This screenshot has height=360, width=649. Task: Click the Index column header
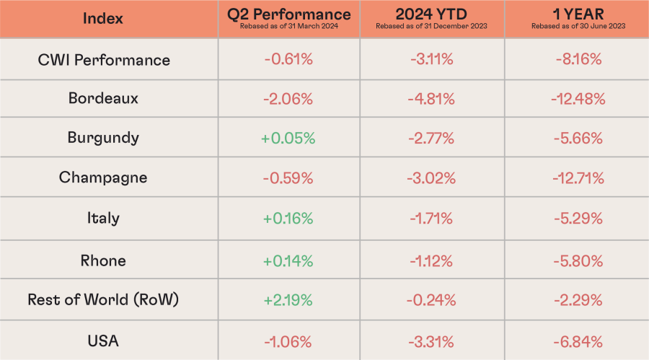click(103, 18)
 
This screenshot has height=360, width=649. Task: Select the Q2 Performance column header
click(288, 14)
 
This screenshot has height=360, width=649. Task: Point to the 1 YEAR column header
click(578, 14)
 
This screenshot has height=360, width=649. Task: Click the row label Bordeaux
click(103, 98)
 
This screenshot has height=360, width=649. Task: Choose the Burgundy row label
click(103, 138)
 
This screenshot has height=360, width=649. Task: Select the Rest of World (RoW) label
click(103, 299)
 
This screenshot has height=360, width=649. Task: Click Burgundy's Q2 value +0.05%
click(288, 138)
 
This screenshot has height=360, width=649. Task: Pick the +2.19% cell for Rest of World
click(288, 299)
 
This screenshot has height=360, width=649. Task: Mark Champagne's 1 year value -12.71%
click(578, 177)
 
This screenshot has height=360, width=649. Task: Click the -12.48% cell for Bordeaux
click(578, 98)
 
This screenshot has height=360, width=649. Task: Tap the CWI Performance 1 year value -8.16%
click(578, 59)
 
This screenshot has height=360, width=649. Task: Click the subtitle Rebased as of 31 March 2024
click(288, 27)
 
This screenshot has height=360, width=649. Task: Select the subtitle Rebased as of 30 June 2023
click(578, 27)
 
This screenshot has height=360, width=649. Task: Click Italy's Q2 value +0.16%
click(288, 218)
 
